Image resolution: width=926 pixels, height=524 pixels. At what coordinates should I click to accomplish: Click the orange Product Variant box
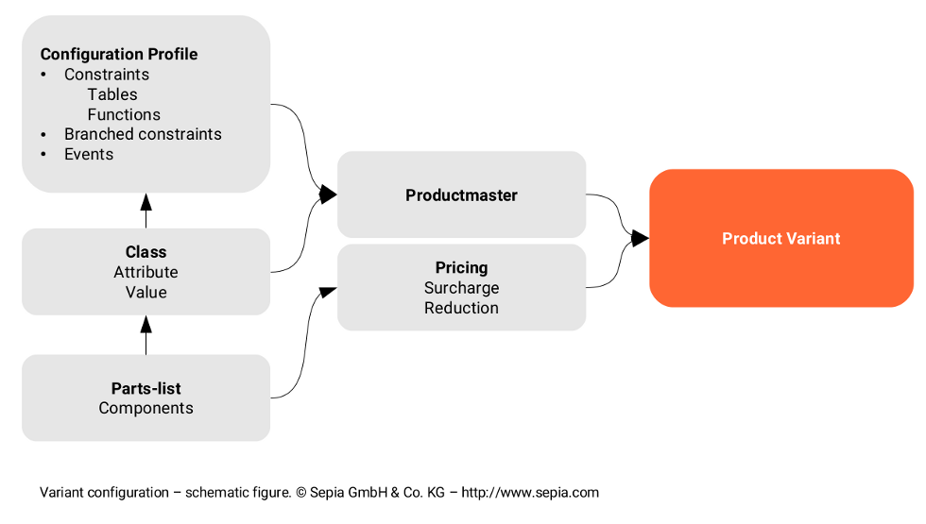780,238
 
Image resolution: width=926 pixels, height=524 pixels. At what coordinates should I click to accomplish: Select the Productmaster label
461,195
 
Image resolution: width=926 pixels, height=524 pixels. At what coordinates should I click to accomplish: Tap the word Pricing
461,268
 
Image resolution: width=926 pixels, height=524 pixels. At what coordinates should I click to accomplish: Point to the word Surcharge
461,288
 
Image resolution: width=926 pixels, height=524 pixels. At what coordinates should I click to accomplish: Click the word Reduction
461,308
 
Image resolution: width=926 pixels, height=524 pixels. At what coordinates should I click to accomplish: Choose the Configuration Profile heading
119,54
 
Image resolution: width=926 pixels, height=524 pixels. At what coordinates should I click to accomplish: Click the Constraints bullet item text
107,75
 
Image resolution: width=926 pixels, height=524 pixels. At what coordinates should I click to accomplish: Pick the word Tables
112,94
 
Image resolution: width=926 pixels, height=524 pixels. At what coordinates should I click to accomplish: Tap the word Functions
124,114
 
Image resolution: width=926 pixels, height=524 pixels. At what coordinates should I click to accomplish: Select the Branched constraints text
143,134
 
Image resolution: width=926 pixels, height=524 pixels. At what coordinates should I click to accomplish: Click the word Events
89,154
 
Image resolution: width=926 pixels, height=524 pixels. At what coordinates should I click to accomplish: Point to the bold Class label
146,252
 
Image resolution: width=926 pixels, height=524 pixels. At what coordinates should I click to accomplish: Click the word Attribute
146,272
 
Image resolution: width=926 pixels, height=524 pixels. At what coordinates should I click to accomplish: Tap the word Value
146,292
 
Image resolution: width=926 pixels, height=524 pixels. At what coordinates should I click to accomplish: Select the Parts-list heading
146,388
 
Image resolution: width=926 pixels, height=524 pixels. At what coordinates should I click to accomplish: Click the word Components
146,408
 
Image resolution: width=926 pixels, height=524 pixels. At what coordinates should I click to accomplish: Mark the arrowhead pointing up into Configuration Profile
146,201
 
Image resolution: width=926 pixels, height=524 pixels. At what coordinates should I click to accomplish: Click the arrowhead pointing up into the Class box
146,325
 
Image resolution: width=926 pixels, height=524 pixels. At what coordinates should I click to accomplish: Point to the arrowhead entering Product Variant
640,238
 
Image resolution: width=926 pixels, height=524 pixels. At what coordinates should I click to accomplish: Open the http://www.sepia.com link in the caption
531,492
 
